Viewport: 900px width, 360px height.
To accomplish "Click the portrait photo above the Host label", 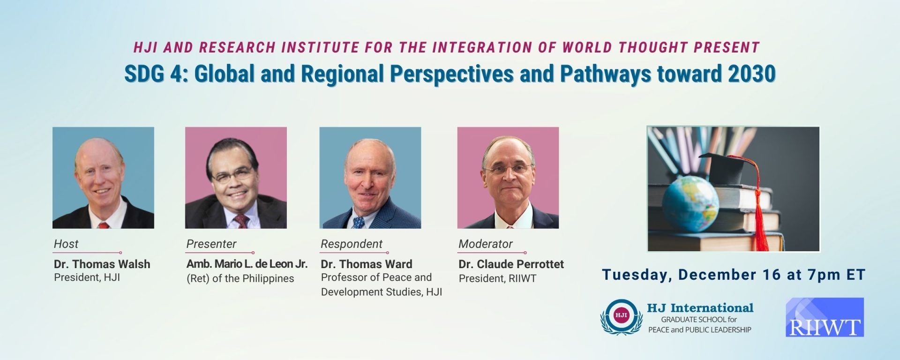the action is click(103, 178).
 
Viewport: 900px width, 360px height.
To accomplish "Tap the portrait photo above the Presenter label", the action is click(236, 178).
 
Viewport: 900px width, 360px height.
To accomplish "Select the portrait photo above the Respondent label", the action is click(370, 178).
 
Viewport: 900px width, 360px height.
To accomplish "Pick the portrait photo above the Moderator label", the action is click(508, 178).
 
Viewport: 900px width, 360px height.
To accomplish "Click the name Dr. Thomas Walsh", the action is click(102, 264).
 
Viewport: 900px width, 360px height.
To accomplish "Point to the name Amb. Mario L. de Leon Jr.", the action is click(247, 264).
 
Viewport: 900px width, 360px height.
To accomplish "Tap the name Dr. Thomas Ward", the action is click(367, 264).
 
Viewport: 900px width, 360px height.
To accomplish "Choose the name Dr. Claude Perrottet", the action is click(511, 264).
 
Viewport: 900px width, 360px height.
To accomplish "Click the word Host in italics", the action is click(66, 244).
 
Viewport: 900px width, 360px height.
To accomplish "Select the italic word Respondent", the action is click(352, 244).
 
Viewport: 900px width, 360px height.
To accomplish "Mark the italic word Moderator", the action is click(486, 244).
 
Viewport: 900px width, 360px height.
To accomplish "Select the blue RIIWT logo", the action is click(825, 317).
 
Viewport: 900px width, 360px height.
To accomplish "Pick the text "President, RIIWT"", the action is click(497, 278).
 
